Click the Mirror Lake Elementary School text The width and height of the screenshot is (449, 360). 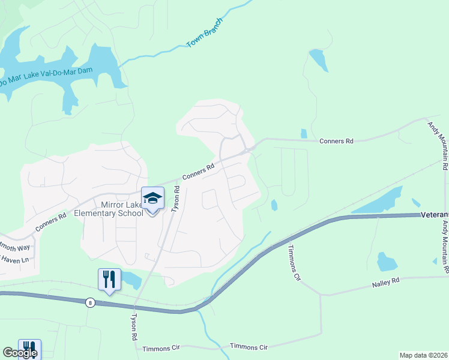point(107,209)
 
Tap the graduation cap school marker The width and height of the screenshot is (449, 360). point(152,199)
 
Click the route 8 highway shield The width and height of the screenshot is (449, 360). point(89,302)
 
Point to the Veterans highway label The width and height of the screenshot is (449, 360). point(434,215)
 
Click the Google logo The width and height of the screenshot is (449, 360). point(20,353)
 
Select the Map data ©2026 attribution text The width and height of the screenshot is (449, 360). point(423,355)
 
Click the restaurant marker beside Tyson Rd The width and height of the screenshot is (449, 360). point(109,280)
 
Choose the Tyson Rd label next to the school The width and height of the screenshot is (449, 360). point(176,199)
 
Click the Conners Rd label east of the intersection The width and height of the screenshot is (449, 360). point(336,141)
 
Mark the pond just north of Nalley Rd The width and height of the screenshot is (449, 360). point(387,262)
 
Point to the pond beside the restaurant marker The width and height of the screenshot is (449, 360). point(130,280)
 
